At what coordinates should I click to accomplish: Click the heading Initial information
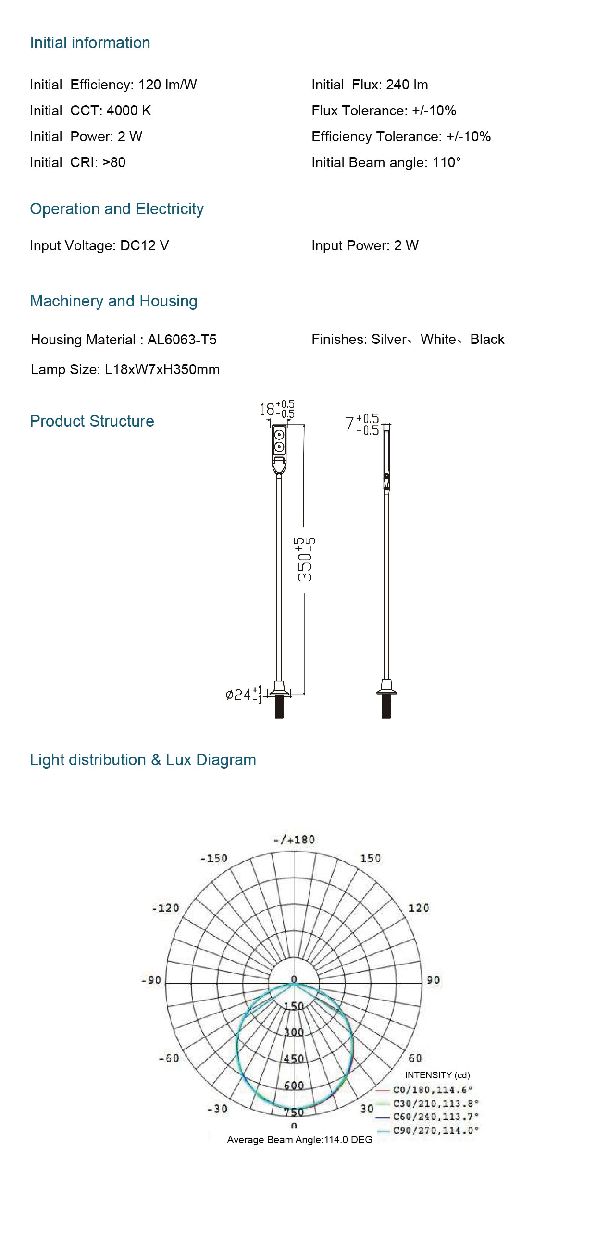[90, 43]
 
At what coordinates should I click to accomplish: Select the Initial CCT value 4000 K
[129, 111]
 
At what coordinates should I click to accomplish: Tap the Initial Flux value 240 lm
[407, 85]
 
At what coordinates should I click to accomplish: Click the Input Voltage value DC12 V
[145, 245]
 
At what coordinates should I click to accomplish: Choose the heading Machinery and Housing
[114, 301]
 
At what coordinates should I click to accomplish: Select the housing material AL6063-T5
[182, 340]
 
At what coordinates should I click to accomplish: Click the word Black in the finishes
[487, 339]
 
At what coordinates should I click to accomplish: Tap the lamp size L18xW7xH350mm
[162, 369]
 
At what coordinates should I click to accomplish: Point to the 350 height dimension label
[306, 560]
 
